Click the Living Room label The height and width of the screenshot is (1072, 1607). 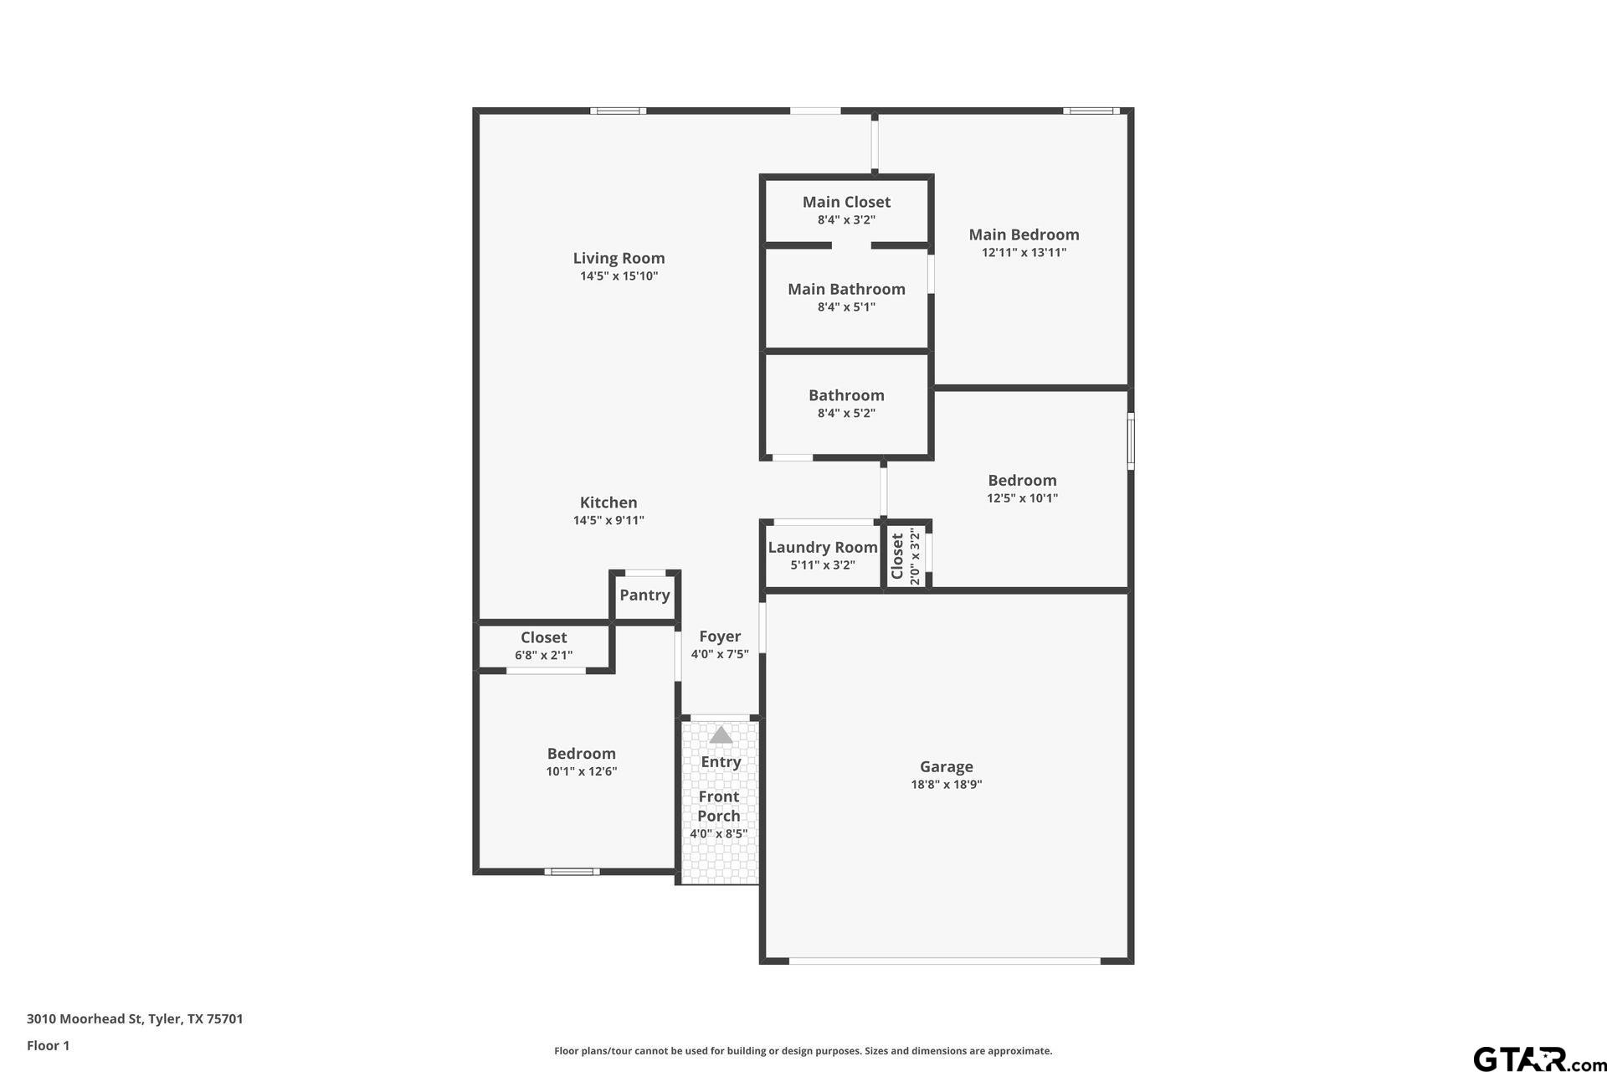coord(619,258)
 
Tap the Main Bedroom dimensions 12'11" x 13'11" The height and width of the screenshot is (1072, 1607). coord(1024,252)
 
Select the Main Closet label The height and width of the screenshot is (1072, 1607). coord(846,202)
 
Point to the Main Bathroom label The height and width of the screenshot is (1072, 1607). coord(846,289)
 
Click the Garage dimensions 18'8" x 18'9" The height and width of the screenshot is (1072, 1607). coord(946,785)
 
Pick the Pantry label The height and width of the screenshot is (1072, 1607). coord(644,595)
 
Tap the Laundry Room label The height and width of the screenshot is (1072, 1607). coord(823,547)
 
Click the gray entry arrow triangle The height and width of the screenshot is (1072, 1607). coord(721,734)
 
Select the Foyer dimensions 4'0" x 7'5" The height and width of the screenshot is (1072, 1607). coord(720,654)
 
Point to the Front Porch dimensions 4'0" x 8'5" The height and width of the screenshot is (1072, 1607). coord(719,834)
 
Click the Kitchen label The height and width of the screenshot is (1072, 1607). coord(608,502)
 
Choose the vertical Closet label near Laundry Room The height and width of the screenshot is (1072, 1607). coord(897,556)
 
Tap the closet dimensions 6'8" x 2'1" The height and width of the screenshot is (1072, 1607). coord(544,656)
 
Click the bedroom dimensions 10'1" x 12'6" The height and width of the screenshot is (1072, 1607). coord(582,771)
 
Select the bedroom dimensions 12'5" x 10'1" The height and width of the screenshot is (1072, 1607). coord(1022,498)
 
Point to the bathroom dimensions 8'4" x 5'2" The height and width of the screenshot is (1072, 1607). coord(846,413)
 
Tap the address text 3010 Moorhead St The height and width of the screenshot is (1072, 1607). coord(85,1019)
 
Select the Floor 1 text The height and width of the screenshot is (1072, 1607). coord(48,1045)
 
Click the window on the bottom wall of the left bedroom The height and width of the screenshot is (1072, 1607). coord(572,872)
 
